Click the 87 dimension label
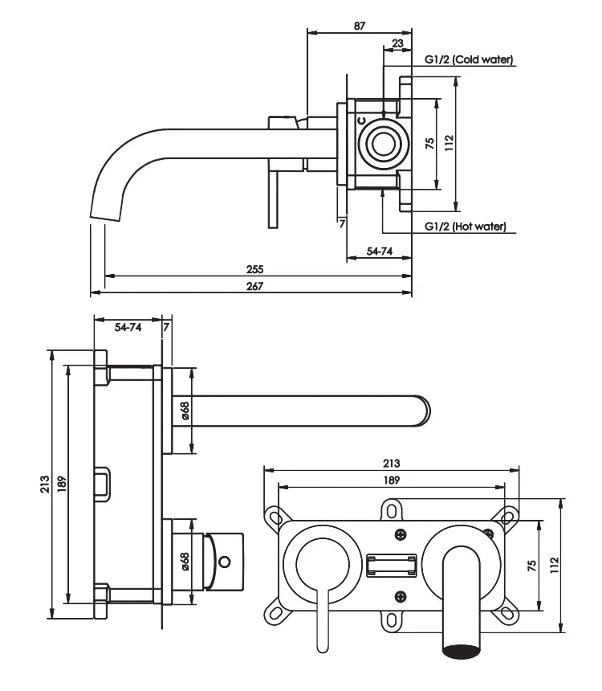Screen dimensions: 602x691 click(x=360, y=26)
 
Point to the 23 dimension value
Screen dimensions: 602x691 click(x=397, y=43)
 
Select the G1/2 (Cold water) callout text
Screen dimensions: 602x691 click(x=469, y=59)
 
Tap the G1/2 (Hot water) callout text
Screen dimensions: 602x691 click(x=466, y=227)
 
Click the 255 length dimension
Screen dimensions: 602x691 click(x=254, y=269)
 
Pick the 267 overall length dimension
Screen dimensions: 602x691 click(x=254, y=286)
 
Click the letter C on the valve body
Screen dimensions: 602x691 click(x=361, y=121)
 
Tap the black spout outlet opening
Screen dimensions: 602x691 click(x=461, y=652)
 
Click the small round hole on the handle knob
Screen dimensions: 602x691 click(x=225, y=562)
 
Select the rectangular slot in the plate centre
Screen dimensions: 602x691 click(x=392, y=566)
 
